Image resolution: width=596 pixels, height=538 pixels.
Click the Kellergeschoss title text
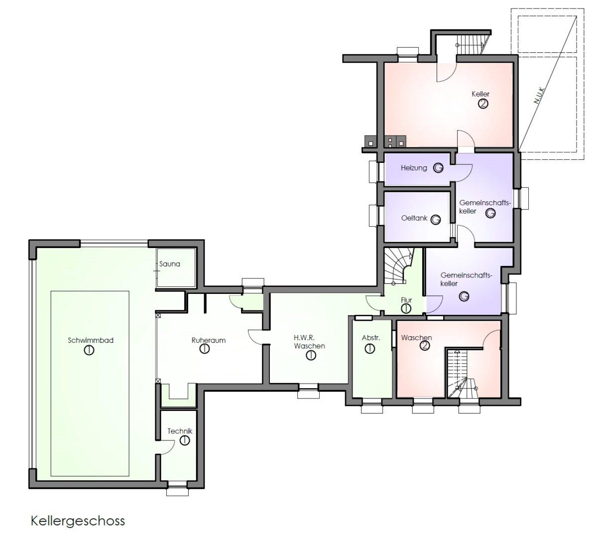[78, 521]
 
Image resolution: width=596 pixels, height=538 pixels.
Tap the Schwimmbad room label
[91, 340]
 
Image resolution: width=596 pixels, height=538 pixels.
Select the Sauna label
[169, 264]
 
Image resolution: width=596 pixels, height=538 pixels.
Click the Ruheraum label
[208, 340]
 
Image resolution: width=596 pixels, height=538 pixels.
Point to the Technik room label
[180, 431]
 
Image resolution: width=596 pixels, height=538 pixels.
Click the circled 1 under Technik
[185, 440]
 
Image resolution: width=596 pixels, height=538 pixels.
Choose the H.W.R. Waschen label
[309, 341]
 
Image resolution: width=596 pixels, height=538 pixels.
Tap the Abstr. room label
[371, 338]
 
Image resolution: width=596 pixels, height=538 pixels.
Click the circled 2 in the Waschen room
[425, 345]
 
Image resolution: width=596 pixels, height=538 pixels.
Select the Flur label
[406, 300]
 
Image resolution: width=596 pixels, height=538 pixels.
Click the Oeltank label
[414, 218]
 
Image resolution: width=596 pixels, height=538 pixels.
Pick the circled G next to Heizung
[438, 168]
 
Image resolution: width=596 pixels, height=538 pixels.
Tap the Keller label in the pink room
[480, 94]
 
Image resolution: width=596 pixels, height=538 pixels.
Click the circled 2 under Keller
[483, 104]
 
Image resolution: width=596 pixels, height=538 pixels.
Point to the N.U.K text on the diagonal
[539, 96]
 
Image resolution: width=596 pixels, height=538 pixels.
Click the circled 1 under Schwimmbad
[89, 350]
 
